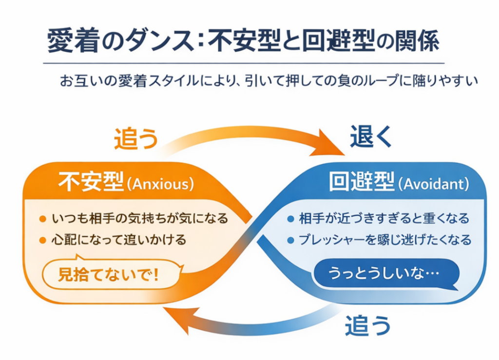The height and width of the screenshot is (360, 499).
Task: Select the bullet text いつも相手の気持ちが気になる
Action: [x=139, y=218]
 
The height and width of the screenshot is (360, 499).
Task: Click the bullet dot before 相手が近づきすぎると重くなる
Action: [x=291, y=218]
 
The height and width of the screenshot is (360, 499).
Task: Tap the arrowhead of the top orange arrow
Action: [x=331, y=144]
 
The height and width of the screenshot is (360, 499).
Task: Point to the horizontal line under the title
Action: [x=244, y=63]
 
